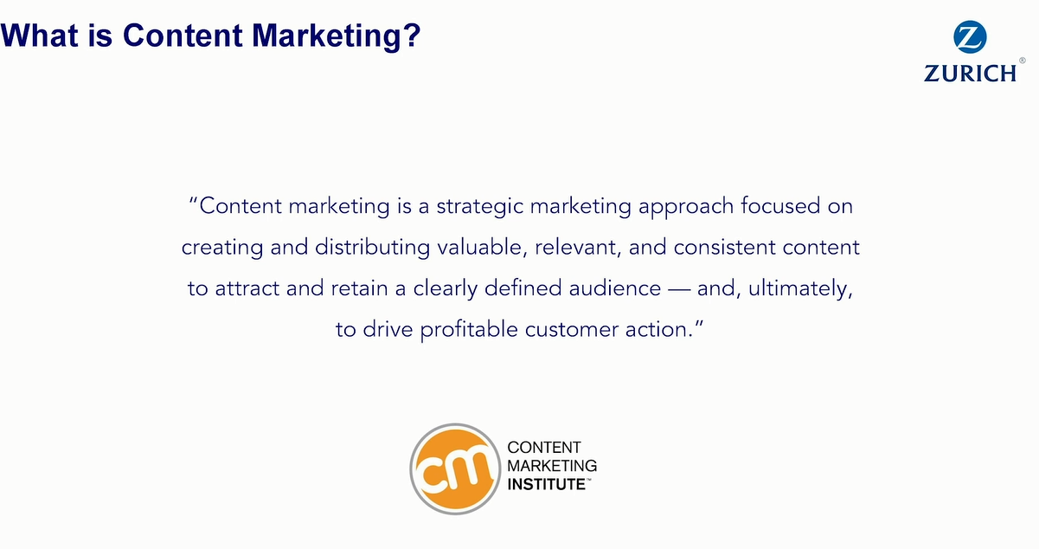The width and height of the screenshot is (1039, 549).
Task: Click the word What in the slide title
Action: point(40,36)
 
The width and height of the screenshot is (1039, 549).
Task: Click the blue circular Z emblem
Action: point(970,36)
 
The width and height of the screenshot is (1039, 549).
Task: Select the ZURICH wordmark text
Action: point(970,74)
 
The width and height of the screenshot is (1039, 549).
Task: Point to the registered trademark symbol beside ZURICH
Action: point(1022,61)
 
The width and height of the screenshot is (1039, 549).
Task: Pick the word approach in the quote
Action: point(686,207)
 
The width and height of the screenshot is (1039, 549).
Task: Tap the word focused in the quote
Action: point(780,206)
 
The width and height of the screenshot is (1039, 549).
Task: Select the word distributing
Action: point(373,248)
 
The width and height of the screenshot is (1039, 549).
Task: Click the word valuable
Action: point(483,248)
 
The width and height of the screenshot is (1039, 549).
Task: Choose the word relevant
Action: point(578,249)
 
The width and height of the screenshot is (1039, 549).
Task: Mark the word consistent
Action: point(724,248)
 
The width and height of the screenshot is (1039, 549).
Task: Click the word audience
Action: point(614,288)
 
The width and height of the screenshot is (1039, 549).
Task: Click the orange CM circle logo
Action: point(455,468)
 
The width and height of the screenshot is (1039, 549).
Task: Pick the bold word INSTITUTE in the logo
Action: point(547,484)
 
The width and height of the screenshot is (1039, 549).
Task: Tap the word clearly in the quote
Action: point(446,289)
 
